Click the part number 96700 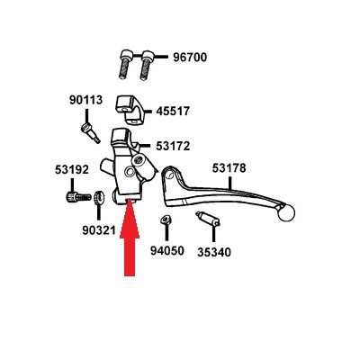pyautogui.click(x=190, y=57)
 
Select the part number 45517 pyautogui.click(x=173, y=112)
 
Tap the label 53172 pyautogui.click(x=173, y=146)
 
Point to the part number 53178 pyautogui.click(x=229, y=168)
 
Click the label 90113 pyautogui.click(x=86, y=100)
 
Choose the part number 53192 pyautogui.click(x=72, y=170)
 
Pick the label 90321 pyautogui.click(x=99, y=230)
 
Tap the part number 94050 pyautogui.click(x=167, y=251)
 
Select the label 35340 pyautogui.click(x=214, y=252)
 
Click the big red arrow pyautogui.click(x=130, y=237)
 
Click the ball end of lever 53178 pyautogui.click(x=286, y=212)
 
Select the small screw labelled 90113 pyautogui.click(x=90, y=133)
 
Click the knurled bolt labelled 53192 pyautogui.click(x=78, y=197)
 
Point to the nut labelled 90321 pyautogui.click(x=98, y=198)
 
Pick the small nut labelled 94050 pyautogui.click(x=166, y=220)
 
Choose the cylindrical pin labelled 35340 pyautogui.click(x=208, y=219)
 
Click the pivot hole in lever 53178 pyautogui.click(x=170, y=175)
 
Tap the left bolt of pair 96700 pyautogui.click(x=125, y=65)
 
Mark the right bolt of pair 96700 pyautogui.click(x=147, y=65)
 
